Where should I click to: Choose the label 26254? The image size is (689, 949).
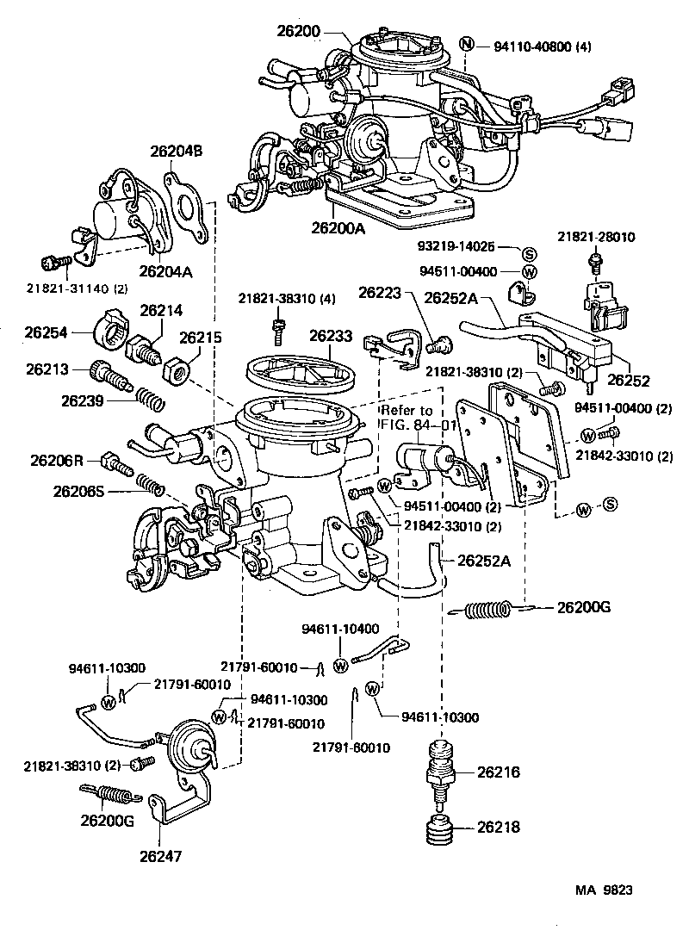(x=46, y=331)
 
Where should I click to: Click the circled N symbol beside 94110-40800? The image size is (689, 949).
(x=466, y=46)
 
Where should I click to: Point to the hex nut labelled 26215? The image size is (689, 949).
(x=177, y=371)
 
